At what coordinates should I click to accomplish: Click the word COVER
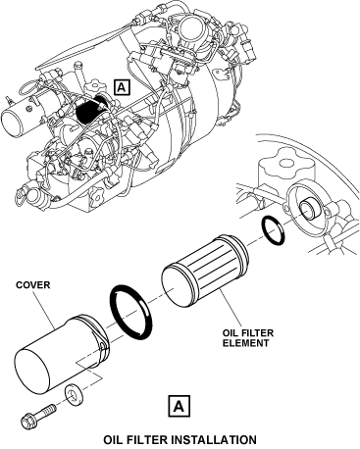tap(33, 285)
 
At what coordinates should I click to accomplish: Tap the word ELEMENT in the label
tap(245, 343)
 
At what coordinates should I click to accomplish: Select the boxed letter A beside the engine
tap(122, 87)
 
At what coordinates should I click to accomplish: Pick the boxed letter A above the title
tap(180, 406)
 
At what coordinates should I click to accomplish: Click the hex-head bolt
tap(37, 416)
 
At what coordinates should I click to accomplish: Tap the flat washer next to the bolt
tap(74, 395)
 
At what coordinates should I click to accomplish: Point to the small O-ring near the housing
tap(273, 230)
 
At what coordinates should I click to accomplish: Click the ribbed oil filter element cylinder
tap(206, 272)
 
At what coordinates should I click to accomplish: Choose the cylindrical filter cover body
tap(62, 355)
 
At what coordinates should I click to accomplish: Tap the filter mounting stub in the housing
tap(307, 210)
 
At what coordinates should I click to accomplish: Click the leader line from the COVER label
tap(45, 310)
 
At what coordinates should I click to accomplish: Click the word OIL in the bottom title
tap(113, 440)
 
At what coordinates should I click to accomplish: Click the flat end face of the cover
tap(32, 373)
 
